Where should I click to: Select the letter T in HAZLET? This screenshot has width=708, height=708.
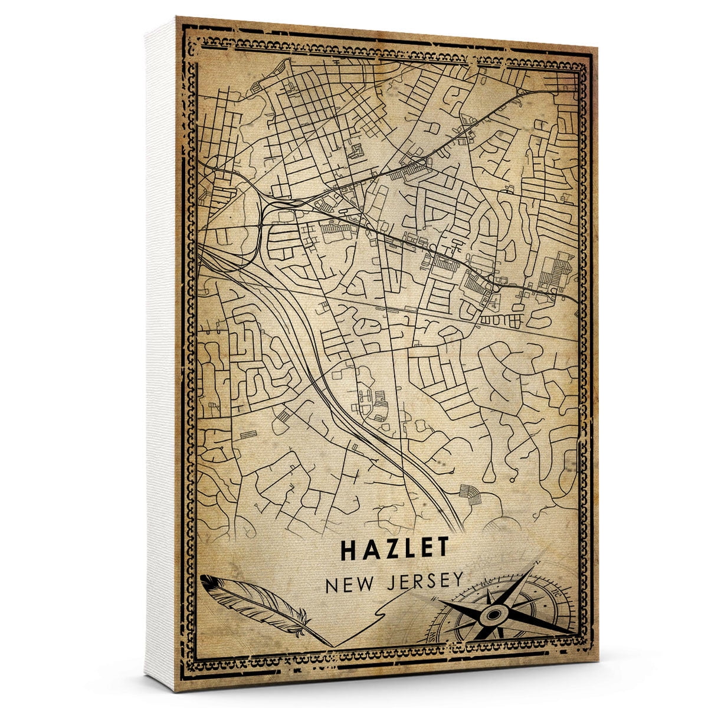[x=442, y=549]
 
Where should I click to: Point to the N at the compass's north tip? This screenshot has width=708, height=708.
[x=536, y=565]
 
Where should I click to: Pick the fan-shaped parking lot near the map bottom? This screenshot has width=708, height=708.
[x=470, y=493]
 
